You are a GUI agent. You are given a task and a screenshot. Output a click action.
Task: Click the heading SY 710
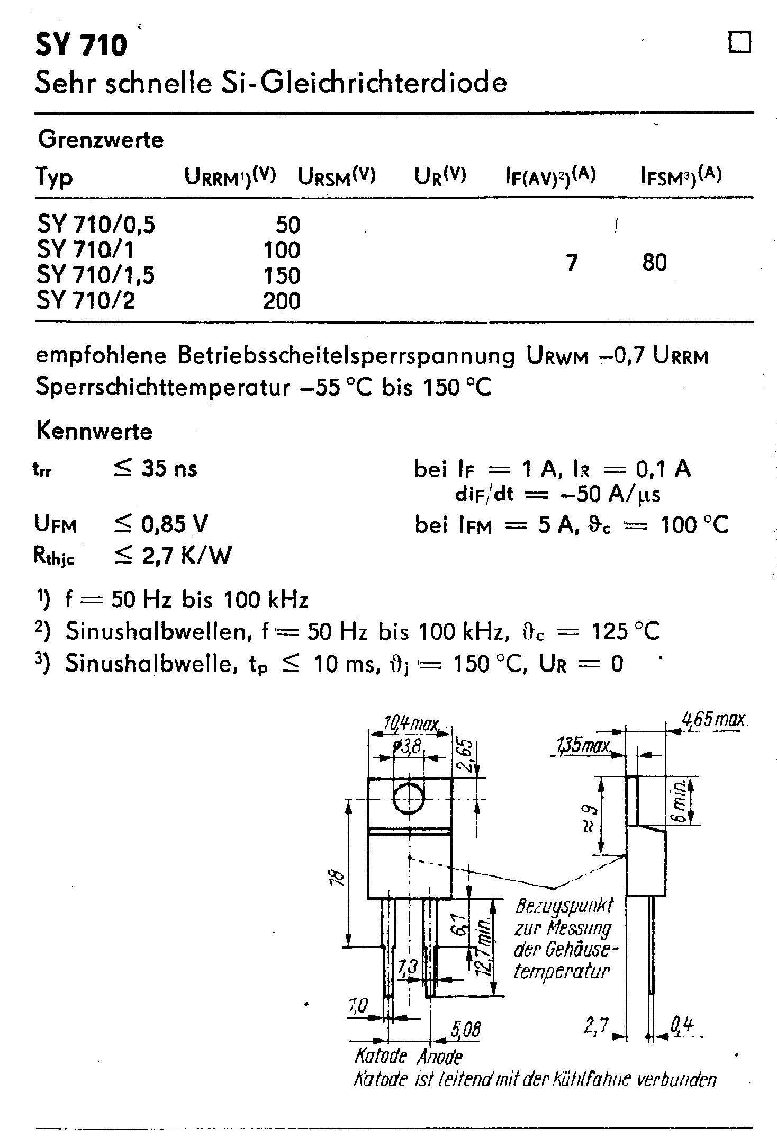pos(81,45)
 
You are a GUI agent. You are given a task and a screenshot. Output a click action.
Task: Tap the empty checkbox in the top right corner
pos(740,43)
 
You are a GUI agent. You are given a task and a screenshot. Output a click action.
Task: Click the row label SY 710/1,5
pos(95,275)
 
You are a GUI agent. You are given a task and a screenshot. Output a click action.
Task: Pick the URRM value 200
pos(282,301)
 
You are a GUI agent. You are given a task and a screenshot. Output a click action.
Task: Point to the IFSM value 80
pos(654,263)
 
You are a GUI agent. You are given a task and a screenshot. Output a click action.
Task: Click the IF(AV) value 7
pos(572,263)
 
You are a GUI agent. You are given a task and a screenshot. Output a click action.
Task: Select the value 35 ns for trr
pos(169,469)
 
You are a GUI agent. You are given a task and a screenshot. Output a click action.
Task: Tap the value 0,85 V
pos(175,524)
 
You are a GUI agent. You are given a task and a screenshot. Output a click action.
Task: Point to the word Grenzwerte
pos(101,140)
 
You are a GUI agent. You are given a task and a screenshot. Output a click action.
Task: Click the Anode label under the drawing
pos(439,1057)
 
